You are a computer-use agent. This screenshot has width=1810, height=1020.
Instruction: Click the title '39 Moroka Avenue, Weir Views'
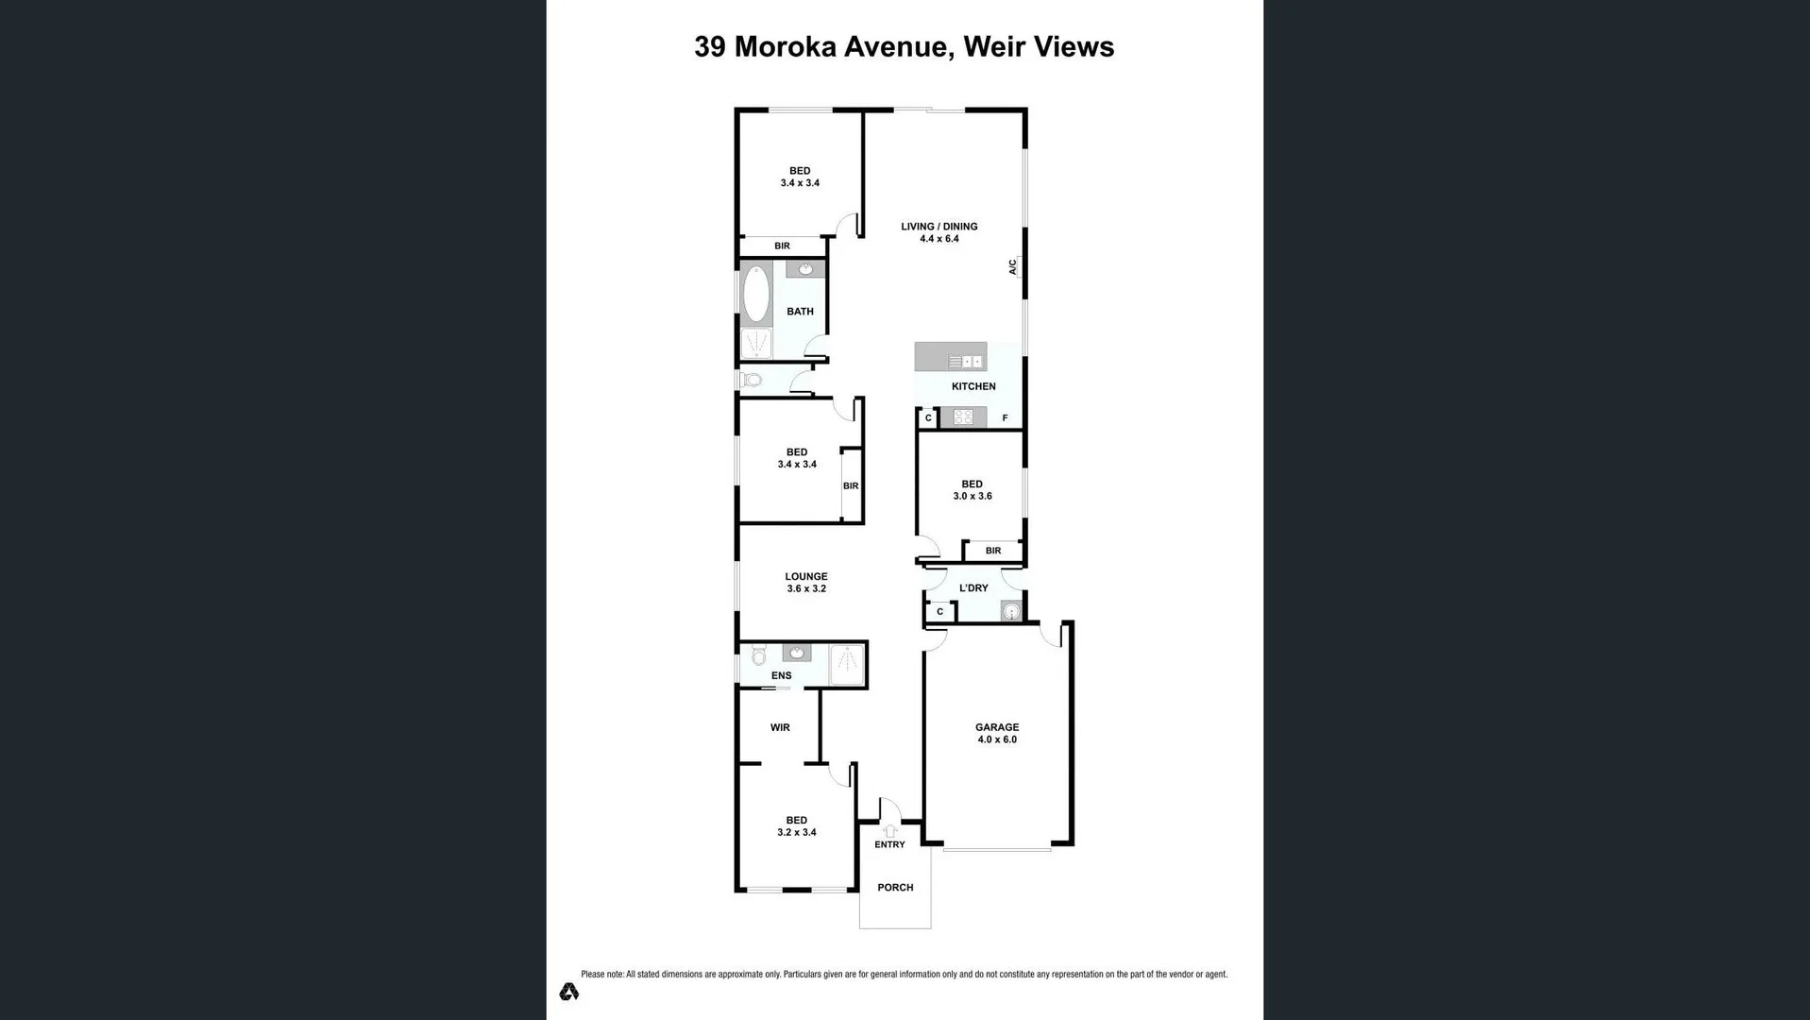(904, 47)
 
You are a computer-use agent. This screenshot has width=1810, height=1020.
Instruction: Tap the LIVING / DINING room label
(939, 232)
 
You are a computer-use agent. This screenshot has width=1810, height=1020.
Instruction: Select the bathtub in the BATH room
(756, 295)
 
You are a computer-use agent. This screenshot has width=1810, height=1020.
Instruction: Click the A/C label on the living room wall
(1013, 267)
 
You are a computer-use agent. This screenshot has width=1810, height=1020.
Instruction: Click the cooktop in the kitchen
(963, 416)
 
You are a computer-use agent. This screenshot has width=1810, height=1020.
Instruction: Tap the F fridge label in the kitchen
(1005, 417)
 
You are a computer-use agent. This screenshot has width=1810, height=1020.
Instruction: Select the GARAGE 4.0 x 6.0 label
(997, 733)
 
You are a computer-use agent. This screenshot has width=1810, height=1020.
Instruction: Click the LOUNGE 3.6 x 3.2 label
(805, 582)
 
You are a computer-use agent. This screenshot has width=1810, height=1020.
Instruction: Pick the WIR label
(780, 727)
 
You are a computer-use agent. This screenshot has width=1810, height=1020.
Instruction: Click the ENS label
(781, 675)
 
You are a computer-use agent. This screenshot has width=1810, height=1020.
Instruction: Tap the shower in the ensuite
(847, 664)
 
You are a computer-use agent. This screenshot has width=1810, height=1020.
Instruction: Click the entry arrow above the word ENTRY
(889, 831)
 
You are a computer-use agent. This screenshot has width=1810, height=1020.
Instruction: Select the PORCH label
(895, 887)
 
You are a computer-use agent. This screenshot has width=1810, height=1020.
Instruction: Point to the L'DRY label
(973, 587)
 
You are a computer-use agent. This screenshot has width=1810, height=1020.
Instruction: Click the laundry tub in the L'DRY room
(1011, 612)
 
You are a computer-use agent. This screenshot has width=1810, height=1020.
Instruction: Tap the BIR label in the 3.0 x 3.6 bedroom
(992, 551)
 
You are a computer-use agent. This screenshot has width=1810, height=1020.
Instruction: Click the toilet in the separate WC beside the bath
(753, 380)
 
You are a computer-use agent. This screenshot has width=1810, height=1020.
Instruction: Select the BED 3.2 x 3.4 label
(796, 825)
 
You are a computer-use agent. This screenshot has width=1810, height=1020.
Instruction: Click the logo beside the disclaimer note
(568, 992)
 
